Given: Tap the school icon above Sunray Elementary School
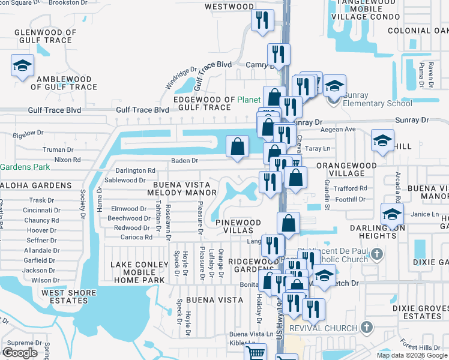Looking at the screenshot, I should (334, 86).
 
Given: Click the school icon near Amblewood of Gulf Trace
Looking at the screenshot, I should (22, 65).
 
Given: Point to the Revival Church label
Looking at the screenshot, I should (324, 328).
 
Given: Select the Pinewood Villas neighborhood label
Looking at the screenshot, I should (238, 227).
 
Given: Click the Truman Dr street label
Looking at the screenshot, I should (58, 149).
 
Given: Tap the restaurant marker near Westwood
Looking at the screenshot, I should (262, 20).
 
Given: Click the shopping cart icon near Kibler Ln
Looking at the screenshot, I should (256, 353).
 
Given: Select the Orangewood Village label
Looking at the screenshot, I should (347, 169).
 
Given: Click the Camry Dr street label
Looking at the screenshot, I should (260, 64).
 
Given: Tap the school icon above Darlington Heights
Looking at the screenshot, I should (392, 214).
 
